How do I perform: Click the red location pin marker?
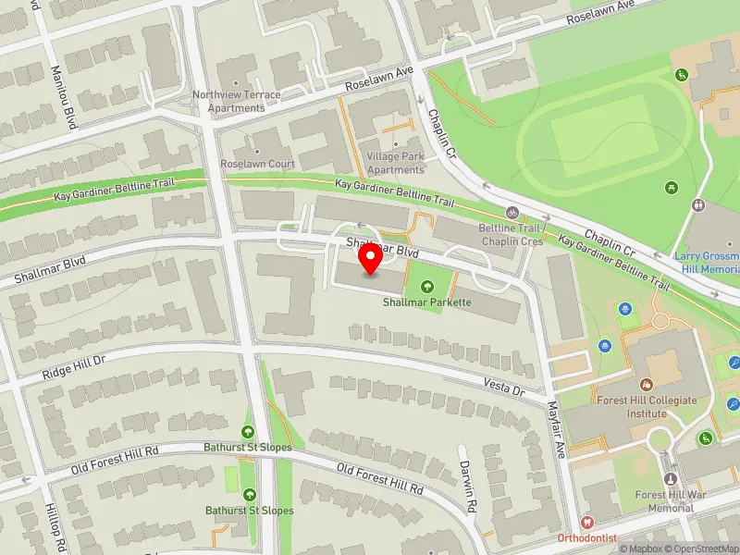point(371,260)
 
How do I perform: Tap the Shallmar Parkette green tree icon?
point(426,288)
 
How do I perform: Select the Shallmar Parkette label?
point(427,302)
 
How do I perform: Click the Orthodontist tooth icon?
point(586,523)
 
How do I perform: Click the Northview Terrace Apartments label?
point(228,101)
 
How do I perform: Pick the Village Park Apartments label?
point(395,164)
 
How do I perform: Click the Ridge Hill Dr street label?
point(76,368)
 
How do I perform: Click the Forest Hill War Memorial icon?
point(672,478)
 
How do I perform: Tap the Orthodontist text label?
point(586,538)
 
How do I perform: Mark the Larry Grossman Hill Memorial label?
point(707,262)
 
